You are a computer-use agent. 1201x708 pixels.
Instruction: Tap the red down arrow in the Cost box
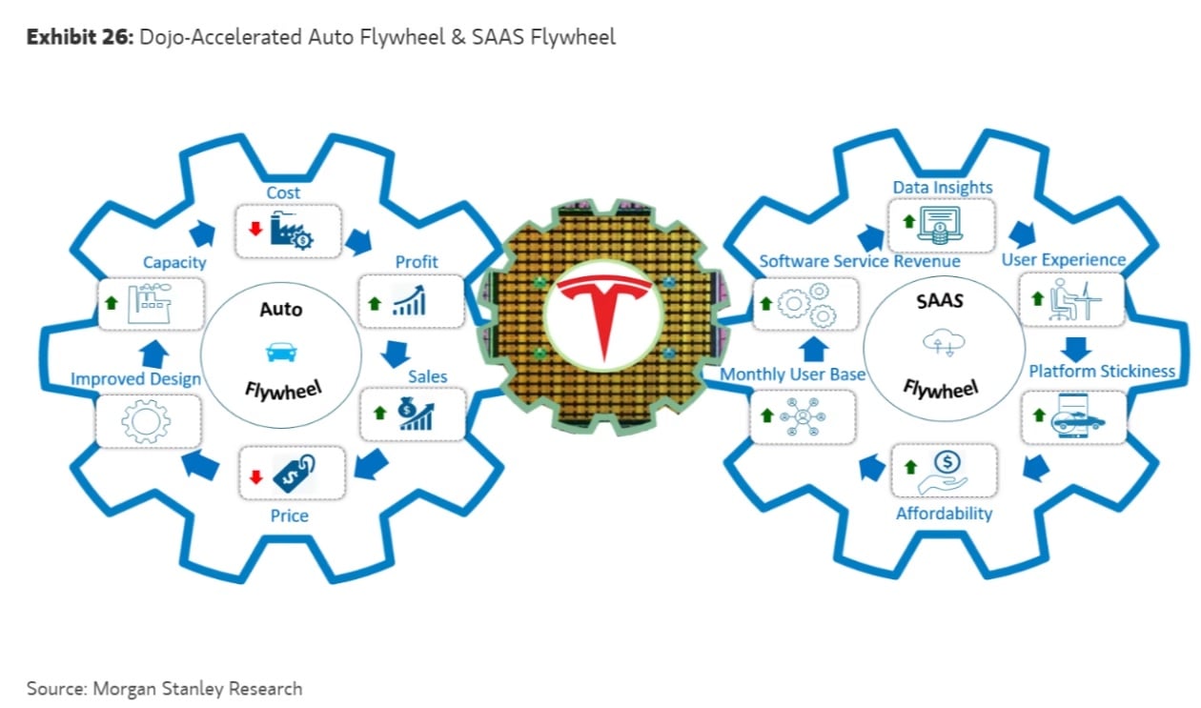(254, 230)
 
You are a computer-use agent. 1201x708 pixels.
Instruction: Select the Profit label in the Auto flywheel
(417, 261)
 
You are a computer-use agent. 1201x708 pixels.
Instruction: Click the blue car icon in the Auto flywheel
(280, 354)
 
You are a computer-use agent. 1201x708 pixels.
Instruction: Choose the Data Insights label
(942, 188)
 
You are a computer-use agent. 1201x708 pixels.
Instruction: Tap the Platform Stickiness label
(1102, 371)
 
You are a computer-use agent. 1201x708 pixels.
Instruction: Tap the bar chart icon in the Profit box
(411, 303)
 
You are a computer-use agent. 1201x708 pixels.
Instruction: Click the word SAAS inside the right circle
(939, 301)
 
